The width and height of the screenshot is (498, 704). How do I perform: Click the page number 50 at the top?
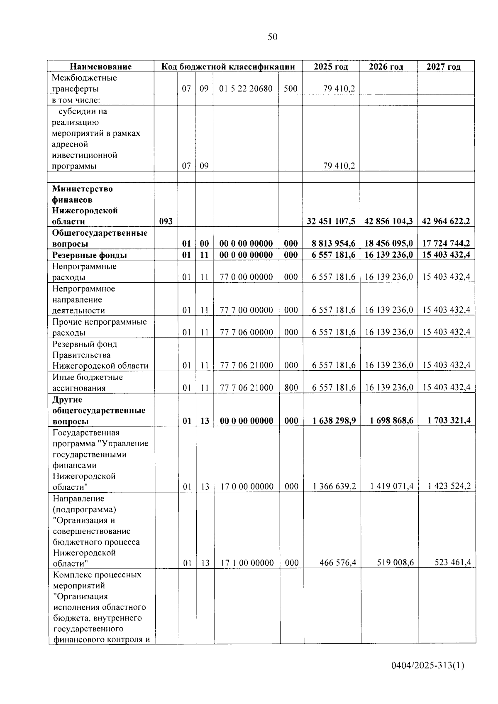272,37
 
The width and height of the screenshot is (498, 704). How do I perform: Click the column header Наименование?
100,67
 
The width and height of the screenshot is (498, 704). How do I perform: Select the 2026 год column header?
386,67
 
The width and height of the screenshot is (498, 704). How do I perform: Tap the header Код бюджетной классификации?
228,67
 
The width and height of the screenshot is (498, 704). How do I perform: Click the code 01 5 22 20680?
246,89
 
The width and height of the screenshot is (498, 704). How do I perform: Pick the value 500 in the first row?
290,89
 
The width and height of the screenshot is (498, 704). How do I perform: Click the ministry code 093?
166,222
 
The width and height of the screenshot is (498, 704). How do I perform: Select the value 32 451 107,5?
331,222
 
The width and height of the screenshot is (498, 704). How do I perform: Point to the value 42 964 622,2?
446,222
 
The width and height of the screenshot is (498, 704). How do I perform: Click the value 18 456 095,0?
388,244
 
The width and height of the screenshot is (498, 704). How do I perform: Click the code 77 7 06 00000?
246,332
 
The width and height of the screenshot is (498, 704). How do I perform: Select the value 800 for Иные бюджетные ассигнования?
291,388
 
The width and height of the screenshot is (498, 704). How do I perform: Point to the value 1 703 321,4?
449,421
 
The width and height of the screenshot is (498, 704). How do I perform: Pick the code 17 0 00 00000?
247,486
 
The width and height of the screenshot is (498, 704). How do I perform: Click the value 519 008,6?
395,563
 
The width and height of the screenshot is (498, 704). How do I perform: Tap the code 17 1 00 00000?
247,563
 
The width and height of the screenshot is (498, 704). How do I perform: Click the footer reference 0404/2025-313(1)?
427,666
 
